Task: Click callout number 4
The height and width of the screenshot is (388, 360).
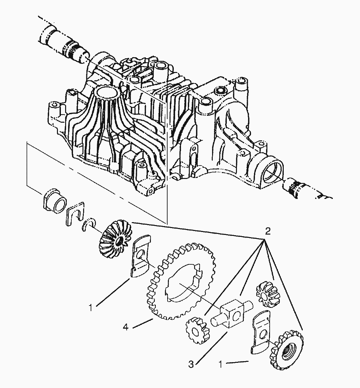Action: click(126, 326)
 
